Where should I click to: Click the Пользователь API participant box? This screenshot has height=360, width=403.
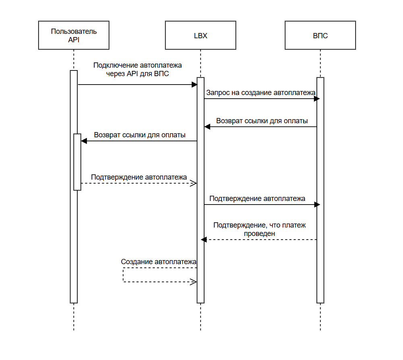click(x=74, y=35)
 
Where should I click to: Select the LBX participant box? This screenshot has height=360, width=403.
click(x=200, y=35)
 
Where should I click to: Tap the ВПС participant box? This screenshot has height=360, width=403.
click(x=320, y=35)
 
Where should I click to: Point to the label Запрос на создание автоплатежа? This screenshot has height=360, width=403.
click(x=261, y=93)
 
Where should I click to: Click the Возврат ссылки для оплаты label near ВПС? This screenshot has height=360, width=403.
click(x=262, y=121)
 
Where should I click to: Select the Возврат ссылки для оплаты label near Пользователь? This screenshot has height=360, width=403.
click(x=140, y=135)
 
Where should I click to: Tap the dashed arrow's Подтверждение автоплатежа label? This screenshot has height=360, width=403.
click(x=139, y=177)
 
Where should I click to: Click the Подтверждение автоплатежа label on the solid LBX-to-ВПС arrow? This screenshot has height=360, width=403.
click(x=257, y=199)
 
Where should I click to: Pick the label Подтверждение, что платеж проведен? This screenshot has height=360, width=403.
click(x=260, y=229)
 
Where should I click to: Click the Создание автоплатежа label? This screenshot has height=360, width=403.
click(x=159, y=262)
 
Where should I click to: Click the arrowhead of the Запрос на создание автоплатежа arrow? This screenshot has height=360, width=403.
click(x=317, y=99)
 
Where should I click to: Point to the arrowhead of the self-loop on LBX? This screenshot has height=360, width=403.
click(x=194, y=282)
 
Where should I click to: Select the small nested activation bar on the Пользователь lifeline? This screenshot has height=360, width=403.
click(x=77, y=162)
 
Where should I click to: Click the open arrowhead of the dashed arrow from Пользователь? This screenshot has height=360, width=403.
click(x=194, y=184)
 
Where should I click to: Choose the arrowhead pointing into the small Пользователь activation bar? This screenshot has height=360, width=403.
click(x=84, y=141)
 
